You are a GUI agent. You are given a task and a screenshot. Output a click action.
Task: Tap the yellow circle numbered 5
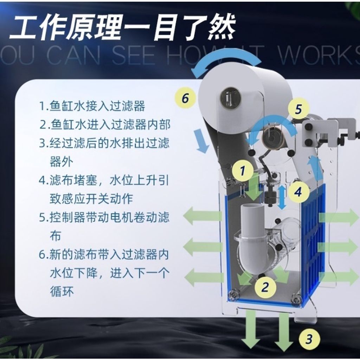[x=298, y=109]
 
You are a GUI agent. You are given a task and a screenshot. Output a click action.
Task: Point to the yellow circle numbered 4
[x=298, y=192]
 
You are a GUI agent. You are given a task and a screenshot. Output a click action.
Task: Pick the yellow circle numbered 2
[x=265, y=287]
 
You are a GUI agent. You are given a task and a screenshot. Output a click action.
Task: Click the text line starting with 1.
[x=92, y=106]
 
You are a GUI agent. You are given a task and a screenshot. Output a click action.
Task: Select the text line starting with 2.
[x=105, y=125]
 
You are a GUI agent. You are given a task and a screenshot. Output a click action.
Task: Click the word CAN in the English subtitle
[x=73, y=55]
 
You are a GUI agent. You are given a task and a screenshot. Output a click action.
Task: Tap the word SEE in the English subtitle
[x=134, y=55]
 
